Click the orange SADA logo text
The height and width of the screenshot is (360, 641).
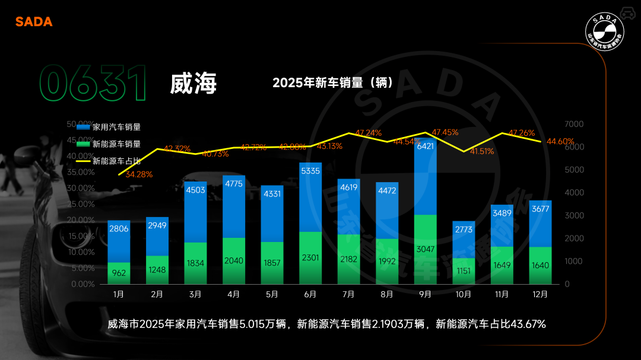pos(34,22)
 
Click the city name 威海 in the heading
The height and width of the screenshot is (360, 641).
pos(193,84)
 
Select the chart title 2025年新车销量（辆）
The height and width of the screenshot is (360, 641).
pos(332,83)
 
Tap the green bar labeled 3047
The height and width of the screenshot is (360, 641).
pos(426,249)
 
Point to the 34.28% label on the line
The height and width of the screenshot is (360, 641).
pos(139,174)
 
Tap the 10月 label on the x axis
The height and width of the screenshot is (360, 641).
pos(464,294)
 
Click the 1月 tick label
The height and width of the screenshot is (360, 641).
pos(119,294)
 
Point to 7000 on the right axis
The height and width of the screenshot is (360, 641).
pos(574,124)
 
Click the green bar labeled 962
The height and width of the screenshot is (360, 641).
pos(119,273)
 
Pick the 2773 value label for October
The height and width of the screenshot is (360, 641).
pos(464,229)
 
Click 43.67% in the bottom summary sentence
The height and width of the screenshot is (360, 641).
pos(526,324)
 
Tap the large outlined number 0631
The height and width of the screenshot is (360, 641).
pos(93,84)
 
